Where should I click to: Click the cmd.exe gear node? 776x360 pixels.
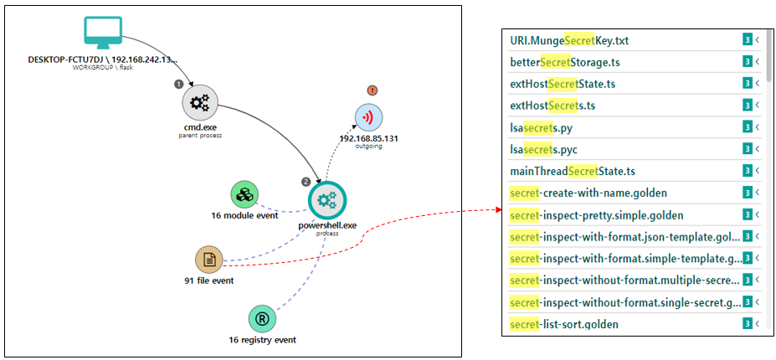tap(200, 103)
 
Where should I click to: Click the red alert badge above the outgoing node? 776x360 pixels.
tap(372, 90)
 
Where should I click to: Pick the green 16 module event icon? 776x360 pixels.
tap(244, 194)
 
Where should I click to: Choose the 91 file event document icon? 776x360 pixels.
tap(209, 260)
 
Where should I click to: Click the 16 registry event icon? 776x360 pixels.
tap(262, 319)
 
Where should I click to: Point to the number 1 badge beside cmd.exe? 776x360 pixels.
tap(177, 84)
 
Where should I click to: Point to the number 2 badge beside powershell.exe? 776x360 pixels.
tap(306, 182)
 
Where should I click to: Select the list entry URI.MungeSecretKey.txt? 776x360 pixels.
tap(569, 40)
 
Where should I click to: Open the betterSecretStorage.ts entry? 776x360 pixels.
tap(564, 62)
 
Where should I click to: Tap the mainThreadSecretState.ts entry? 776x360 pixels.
tap(572, 171)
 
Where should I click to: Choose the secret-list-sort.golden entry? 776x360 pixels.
tap(563, 324)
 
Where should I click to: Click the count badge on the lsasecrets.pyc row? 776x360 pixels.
tap(748, 149)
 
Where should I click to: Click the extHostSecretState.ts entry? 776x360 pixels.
tap(563, 84)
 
